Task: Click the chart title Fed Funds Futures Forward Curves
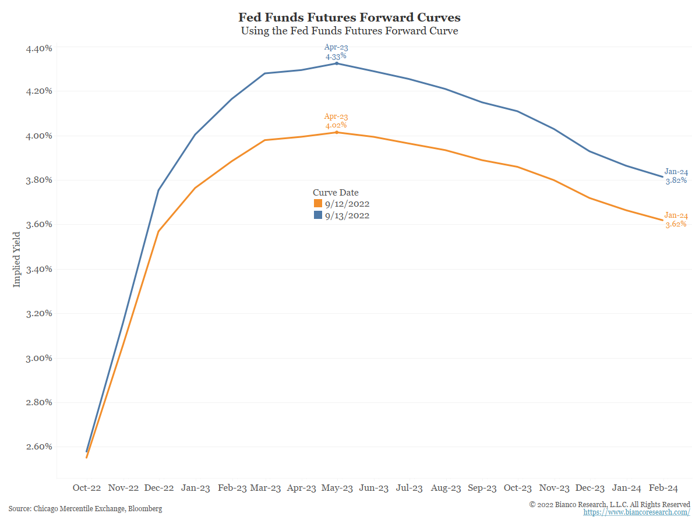(x=349, y=17)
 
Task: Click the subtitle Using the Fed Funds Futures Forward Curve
(x=349, y=31)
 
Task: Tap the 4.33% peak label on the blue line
(x=336, y=56)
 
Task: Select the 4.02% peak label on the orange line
(x=336, y=125)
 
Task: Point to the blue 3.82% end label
(x=676, y=180)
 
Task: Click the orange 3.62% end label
(x=676, y=224)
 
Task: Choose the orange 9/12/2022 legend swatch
(x=318, y=204)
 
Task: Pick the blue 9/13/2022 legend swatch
(x=318, y=215)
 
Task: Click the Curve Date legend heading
(x=336, y=193)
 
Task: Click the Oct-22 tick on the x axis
(x=87, y=488)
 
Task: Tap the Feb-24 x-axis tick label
(x=663, y=488)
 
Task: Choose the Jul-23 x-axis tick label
(x=409, y=488)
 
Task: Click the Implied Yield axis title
(x=17, y=259)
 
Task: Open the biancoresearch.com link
(x=637, y=512)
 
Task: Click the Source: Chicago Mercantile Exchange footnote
(x=85, y=509)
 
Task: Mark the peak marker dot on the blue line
(x=337, y=63)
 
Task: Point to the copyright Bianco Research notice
(x=609, y=504)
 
